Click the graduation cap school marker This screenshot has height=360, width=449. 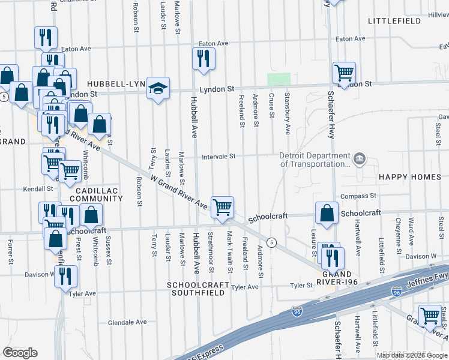[x=158, y=88]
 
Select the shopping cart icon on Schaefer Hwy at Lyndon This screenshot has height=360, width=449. [x=344, y=73]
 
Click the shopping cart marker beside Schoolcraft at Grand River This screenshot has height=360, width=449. [x=222, y=208]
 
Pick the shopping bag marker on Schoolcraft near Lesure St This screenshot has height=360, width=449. [x=326, y=213]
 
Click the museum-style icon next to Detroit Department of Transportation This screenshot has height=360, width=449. [x=359, y=158]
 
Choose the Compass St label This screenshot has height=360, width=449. [x=358, y=196]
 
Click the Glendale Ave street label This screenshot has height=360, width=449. [x=127, y=322]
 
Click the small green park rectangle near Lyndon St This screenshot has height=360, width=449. [x=279, y=79]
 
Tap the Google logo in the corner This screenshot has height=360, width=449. [x=20, y=353]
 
